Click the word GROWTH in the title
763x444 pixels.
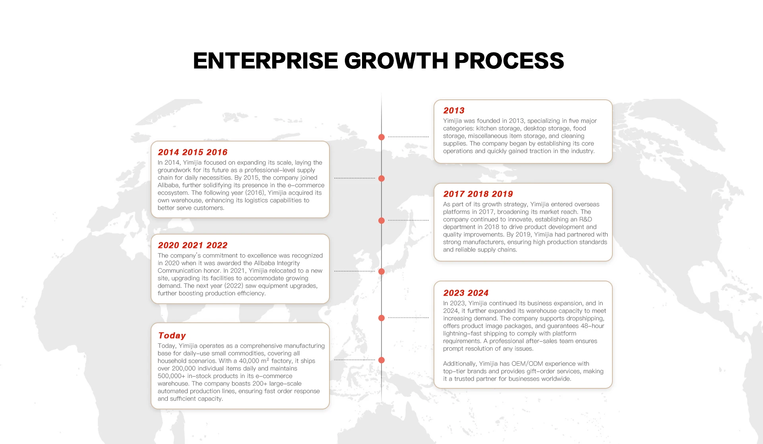[396, 61]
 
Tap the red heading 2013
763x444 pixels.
[454, 111]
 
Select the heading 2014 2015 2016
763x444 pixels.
[193, 152]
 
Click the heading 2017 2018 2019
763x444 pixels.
[478, 194]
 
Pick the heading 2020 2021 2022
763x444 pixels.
[193, 245]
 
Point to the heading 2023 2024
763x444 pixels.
[466, 293]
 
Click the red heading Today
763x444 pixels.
[172, 335]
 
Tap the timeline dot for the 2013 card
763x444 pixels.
[381, 137]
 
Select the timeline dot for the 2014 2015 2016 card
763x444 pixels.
[381, 178]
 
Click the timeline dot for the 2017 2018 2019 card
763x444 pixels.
[381, 221]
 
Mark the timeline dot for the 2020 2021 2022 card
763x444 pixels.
[381, 271]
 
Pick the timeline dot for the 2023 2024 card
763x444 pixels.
[381, 318]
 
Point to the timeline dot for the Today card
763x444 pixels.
[381, 360]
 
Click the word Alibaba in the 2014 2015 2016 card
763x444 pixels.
[168, 185]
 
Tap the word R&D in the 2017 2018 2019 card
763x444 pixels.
[586, 219]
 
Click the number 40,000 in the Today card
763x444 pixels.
[249, 361]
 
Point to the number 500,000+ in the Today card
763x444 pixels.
[172, 376]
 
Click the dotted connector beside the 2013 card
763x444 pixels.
[409, 137]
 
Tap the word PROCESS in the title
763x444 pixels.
[509, 61]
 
